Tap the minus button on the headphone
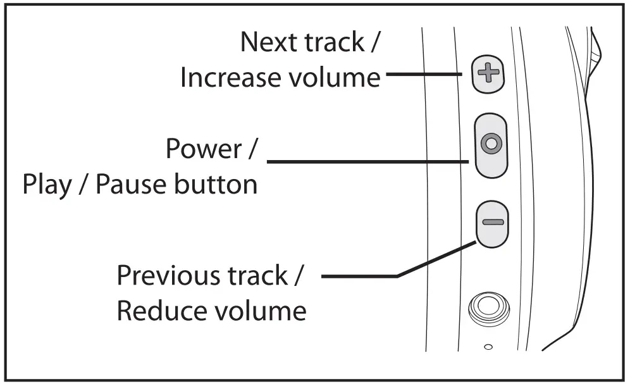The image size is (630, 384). tap(491, 222)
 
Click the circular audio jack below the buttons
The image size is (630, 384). tap(487, 307)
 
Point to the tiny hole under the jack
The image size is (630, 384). tap(488, 346)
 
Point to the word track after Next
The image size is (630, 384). tap(339, 42)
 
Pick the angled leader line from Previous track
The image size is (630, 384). tap(436, 259)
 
